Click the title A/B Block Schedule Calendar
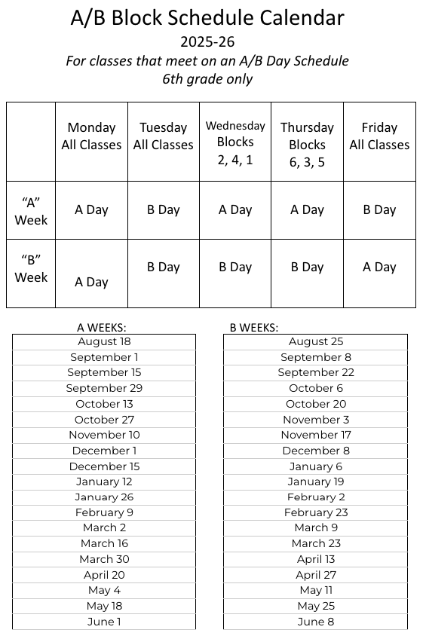pyautogui.click(x=207, y=18)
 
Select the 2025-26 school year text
pyautogui.click(x=207, y=41)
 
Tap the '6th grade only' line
pyautogui.click(x=207, y=78)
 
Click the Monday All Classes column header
pyautogui.click(x=91, y=136)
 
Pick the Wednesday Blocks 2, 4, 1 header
pyautogui.click(x=235, y=142)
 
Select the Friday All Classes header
pyautogui.click(x=379, y=136)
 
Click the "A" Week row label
pyautogui.click(x=31, y=211)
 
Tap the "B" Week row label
pyautogui.click(x=31, y=268)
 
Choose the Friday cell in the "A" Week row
pyautogui.click(x=379, y=209)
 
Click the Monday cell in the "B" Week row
pyautogui.click(x=91, y=282)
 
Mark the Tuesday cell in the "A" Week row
pyautogui.click(x=163, y=209)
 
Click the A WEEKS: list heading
pyautogui.click(x=102, y=328)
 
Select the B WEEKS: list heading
pyautogui.click(x=254, y=328)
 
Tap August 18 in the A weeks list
pyautogui.click(x=104, y=341)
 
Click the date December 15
pyautogui.click(x=104, y=466)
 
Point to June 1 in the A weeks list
pyautogui.click(x=104, y=622)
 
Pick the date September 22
pyautogui.click(x=316, y=372)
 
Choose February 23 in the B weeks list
pyautogui.click(x=316, y=512)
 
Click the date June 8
pyautogui.click(x=316, y=622)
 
